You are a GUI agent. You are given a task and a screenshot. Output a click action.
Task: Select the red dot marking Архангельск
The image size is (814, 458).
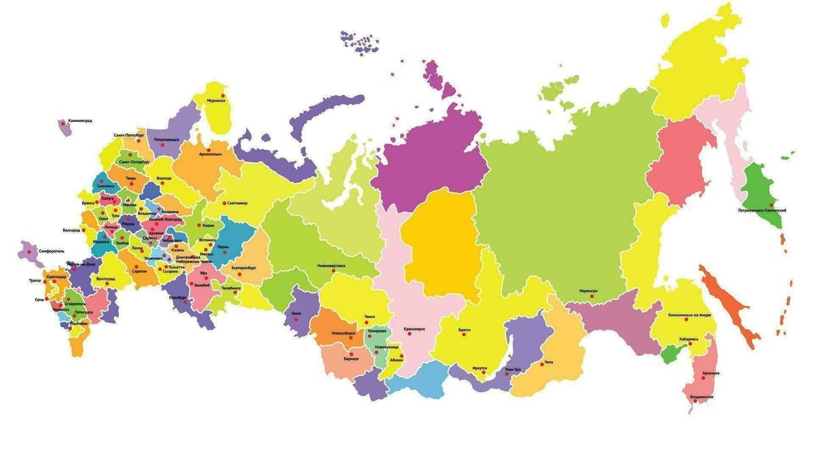[208, 150]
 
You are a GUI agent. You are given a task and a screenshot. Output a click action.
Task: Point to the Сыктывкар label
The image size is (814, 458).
[237, 203]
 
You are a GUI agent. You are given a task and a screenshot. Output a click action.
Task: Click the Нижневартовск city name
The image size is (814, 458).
[330, 266]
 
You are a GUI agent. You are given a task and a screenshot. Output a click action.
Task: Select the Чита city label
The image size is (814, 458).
[549, 362]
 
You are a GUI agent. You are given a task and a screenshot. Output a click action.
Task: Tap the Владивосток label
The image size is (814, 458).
[701, 396]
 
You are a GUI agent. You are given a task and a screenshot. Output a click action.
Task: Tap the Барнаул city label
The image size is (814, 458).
[351, 358]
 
